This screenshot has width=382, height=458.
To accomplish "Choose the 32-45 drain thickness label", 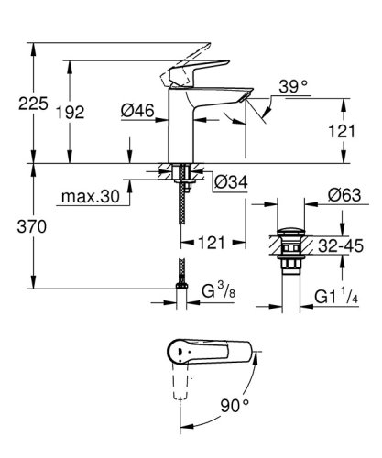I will click(x=341, y=245).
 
